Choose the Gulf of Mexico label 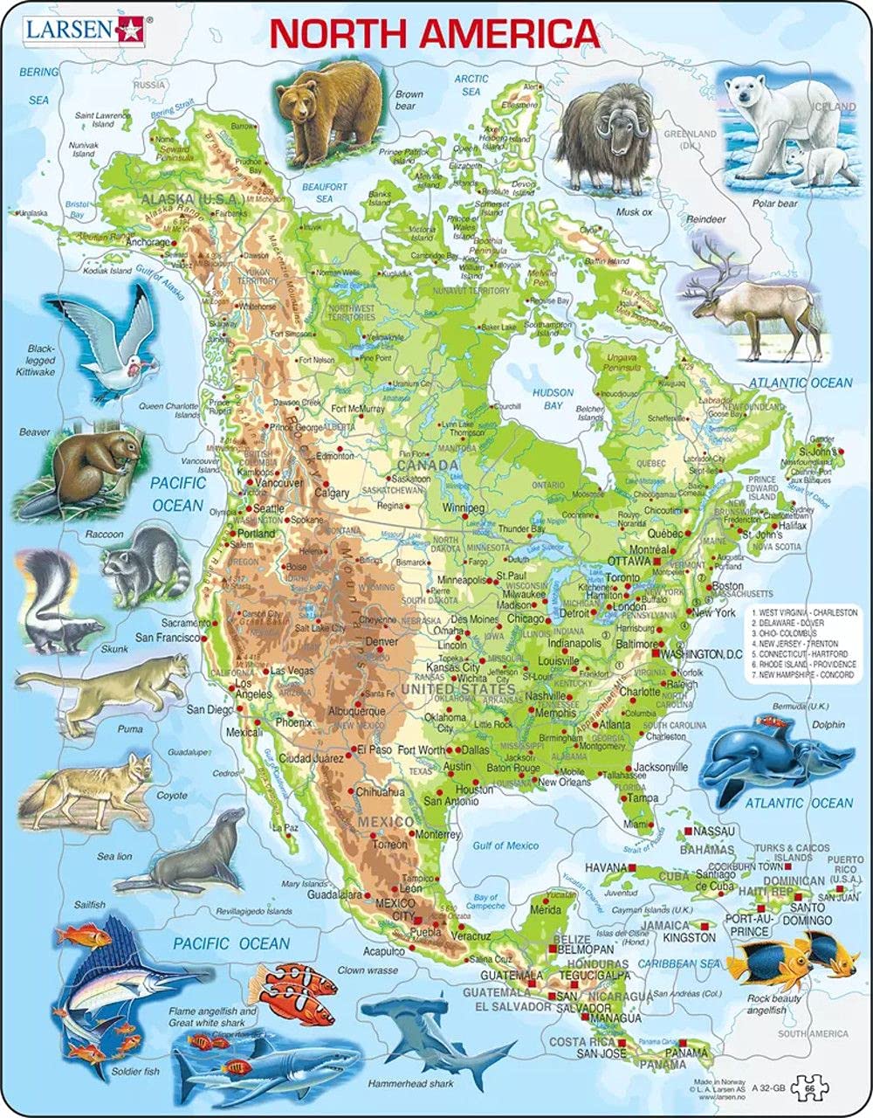[505, 845]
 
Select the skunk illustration [52, 603]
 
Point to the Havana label [606, 866]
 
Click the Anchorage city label [147, 242]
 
